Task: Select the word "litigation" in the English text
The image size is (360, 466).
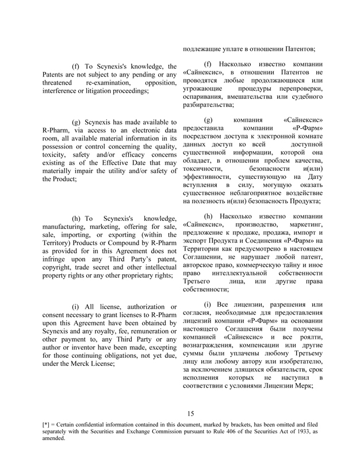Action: (102, 91)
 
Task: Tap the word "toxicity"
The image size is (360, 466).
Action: (56, 155)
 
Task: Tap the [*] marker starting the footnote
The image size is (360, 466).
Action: (48, 424)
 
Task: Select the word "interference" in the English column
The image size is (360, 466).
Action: (64, 91)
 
